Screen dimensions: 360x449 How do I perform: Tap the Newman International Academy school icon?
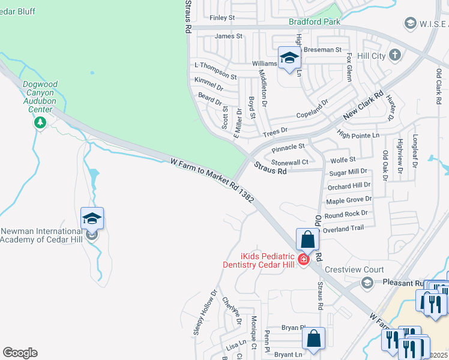(x=92, y=218)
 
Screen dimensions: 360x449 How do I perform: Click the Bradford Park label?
(x=315, y=22)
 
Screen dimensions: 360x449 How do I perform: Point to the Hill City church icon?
(x=395, y=55)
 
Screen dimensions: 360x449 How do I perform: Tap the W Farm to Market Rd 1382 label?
(x=212, y=179)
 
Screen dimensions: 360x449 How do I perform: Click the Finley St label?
(x=222, y=18)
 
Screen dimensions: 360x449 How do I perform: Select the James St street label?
(x=228, y=36)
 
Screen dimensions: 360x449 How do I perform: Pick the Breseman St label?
(x=322, y=50)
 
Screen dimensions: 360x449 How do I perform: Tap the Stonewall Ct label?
(x=289, y=162)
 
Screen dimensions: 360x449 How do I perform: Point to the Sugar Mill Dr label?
(x=348, y=173)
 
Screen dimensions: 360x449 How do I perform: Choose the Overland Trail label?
(x=343, y=228)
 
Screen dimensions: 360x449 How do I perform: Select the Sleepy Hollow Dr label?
(x=205, y=312)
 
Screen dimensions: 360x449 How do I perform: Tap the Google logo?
(x=20, y=353)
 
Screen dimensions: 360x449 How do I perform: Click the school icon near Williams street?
(x=289, y=58)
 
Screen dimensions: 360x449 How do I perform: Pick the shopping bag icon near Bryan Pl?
(x=313, y=338)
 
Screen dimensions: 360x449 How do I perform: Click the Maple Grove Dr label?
(x=348, y=200)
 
